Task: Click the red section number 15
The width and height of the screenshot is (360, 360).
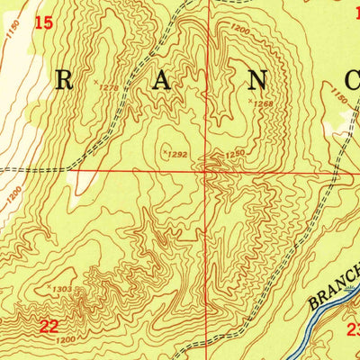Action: point(43,22)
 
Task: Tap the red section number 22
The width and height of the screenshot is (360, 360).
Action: point(49,325)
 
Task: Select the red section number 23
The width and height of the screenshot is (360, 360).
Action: point(353,329)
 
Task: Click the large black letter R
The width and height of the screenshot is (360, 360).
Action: point(65,81)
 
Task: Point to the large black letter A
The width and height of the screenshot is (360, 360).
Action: point(162,81)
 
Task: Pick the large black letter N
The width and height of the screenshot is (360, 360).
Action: point(257,81)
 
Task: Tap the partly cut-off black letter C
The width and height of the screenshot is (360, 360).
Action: point(352,81)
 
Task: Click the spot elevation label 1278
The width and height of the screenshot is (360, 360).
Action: point(110,87)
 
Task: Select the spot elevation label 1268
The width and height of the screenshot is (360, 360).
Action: point(262,103)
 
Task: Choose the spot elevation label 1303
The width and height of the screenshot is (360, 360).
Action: point(62,289)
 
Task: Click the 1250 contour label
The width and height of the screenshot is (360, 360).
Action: point(234,154)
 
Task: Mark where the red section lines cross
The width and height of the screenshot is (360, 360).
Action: point(210,168)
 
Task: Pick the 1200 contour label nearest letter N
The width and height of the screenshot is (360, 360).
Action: point(239,30)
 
